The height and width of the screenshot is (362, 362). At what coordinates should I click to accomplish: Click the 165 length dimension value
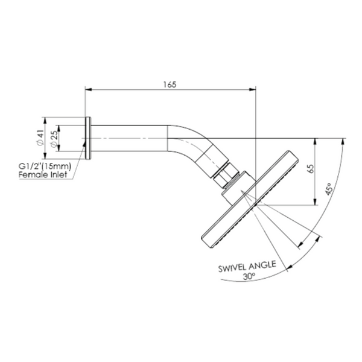170,84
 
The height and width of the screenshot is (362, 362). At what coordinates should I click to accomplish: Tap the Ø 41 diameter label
40,138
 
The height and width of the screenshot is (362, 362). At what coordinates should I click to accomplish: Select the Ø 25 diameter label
54,139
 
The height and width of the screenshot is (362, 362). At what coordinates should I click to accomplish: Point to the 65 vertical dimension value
311,169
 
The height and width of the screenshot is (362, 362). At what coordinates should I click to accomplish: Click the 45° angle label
329,189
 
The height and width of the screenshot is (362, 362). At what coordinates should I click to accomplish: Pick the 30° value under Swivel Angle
249,276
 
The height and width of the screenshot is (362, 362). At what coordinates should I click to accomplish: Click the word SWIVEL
232,268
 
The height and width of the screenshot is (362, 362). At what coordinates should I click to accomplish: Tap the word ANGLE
262,265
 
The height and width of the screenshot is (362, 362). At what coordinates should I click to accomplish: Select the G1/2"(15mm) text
45,167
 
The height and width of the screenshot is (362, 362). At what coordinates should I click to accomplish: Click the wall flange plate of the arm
88,138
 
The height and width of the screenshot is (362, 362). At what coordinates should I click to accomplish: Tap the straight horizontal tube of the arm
129,138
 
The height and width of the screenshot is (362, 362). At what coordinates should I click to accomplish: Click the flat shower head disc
250,199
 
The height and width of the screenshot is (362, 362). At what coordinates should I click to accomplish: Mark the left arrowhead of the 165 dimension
89,89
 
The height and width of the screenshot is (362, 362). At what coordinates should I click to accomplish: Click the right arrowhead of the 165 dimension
252,89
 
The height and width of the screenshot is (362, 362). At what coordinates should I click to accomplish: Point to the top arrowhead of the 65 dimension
315,142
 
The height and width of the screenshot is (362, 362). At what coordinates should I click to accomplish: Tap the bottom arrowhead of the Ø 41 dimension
45,156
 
